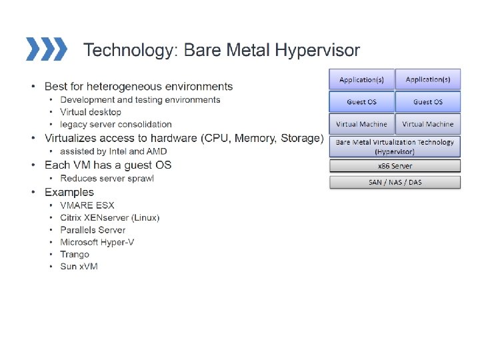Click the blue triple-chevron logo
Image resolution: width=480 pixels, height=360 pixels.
point(46,49)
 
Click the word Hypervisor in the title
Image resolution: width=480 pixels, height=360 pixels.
point(318,50)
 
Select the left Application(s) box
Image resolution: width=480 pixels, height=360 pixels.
point(361,80)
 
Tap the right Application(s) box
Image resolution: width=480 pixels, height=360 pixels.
point(427,80)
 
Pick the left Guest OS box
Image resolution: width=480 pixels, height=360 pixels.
point(361,102)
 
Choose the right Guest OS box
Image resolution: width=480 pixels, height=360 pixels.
point(427,102)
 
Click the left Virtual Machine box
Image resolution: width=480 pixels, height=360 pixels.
point(361,124)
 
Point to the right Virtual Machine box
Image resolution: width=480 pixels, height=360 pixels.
point(427,124)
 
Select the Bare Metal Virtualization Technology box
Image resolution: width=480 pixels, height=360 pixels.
point(395,147)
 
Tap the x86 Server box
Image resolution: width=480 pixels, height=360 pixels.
point(395,166)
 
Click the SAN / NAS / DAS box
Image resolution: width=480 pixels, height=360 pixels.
point(395,182)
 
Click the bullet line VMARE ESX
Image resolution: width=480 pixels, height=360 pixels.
point(87,205)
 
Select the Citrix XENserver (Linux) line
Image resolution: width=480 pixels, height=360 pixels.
point(109,218)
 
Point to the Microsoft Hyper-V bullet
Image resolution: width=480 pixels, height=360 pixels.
point(97,242)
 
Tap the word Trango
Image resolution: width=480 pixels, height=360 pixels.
point(75,254)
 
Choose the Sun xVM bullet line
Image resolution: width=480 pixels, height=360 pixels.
point(79,267)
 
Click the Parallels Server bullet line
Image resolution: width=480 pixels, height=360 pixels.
point(93,230)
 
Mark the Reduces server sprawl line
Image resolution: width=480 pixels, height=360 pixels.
point(107,178)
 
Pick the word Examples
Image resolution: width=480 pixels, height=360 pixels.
point(69,192)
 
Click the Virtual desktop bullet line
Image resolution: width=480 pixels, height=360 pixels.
point(91,112)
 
